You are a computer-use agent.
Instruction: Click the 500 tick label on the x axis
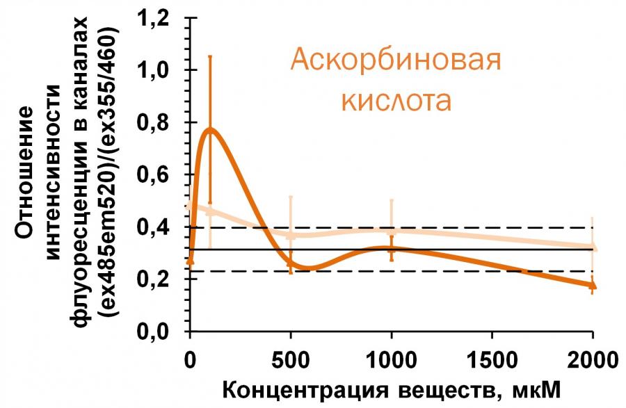[x=291, y=361]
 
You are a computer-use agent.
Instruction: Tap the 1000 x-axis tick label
[x=391, y=361]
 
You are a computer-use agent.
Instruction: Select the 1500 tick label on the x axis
[x=492, y=361]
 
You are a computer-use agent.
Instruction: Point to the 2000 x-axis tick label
[x=593, y=361]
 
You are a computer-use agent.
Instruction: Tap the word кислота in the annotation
[x=395, y=101]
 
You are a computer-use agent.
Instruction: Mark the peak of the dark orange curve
[x=209, y=129]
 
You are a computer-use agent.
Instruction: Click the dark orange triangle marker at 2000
[x=593, y=285]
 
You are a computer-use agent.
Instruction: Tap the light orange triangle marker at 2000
[x=593, y=246]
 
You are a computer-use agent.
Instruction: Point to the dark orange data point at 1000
[x=392, y=248]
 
